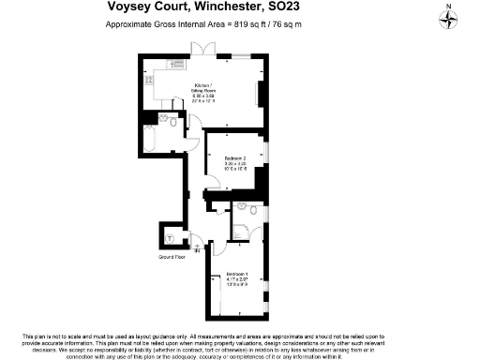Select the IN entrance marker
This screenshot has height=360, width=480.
point(197,250)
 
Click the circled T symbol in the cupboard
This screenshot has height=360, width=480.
point(170,237)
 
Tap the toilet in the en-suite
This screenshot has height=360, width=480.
point(219,207)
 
